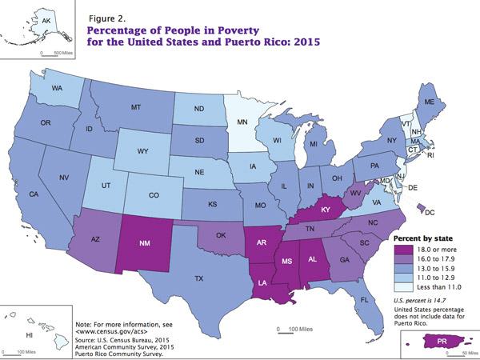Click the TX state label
pyautogui.click(x=196, y=279)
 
